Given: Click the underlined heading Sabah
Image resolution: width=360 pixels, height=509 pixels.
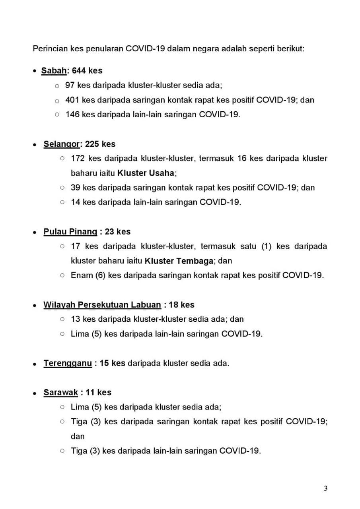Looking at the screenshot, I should coord(54,71).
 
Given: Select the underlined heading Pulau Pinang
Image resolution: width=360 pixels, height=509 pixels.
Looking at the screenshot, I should coord(70,231).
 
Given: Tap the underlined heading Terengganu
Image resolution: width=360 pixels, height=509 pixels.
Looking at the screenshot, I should coord(68,363).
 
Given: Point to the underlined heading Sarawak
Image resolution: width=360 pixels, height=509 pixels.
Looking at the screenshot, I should coord(60,392).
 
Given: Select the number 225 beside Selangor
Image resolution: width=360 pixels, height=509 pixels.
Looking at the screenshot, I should coord(92,144).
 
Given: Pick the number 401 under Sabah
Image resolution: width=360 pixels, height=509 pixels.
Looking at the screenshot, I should coord(72,100).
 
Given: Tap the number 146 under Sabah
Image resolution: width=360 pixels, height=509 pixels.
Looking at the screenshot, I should coord(73,115).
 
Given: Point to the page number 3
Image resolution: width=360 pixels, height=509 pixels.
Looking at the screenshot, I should coord(326,489).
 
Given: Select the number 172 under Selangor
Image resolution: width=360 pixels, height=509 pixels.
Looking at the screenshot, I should coord(78,158).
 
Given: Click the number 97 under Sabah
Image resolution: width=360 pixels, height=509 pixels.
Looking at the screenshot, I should coord(70,85).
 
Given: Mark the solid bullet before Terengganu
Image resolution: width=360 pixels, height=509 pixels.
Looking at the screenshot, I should coord(35,364).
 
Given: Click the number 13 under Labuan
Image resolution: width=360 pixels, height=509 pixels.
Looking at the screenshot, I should coord(75,319).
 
